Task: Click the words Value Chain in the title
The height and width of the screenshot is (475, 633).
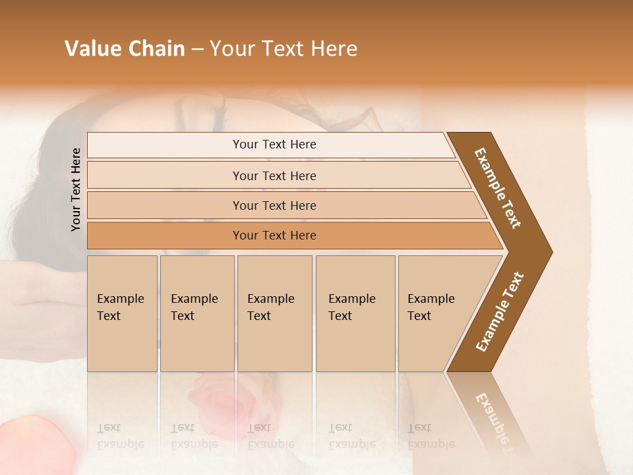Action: pos(125,49)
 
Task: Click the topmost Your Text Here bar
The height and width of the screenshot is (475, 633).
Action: pos(274,144)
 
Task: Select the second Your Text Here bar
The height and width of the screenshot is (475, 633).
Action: pos(274,175)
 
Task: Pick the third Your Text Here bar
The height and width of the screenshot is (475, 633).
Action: pos(274,206)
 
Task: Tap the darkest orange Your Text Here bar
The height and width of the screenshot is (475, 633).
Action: pos(274,236)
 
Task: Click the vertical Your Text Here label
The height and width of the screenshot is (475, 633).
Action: pos(76,189)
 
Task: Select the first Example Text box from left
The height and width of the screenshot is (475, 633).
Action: pos(122,313)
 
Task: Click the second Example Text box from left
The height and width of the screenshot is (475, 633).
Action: pos(196,313)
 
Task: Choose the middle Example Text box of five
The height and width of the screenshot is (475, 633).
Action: pos(274,313)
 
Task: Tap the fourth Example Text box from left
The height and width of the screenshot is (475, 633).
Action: pos(355,313)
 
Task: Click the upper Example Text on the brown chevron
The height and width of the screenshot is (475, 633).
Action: pos(498,188)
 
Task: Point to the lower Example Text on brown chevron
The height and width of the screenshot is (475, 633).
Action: pos(500,311)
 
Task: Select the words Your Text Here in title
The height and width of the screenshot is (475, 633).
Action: pos(284,49)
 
